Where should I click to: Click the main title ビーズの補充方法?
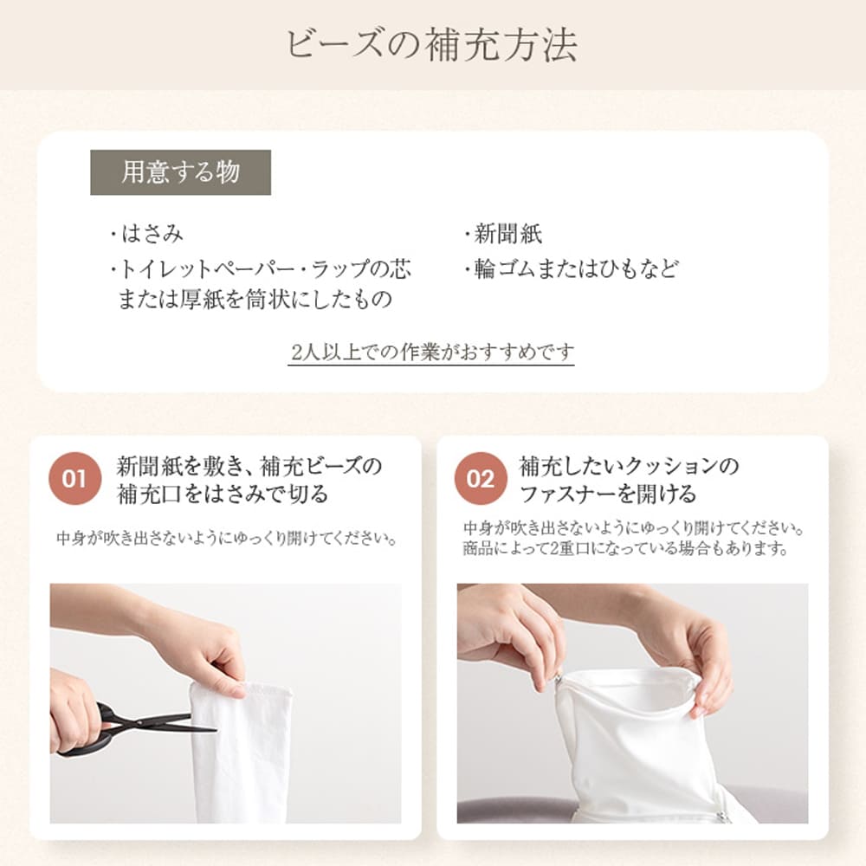(432, 44)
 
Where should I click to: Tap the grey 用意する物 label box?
(181, 172)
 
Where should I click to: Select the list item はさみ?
(147, 234)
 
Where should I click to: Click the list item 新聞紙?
(503, 234)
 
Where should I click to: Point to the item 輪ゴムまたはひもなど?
(571, 269)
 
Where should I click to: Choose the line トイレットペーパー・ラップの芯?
(260, 269)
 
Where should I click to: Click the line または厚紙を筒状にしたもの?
(255, 300)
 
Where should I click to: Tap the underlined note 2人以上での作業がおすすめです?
(431, 352)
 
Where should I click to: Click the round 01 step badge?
(75, 479)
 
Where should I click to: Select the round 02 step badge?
(481, 479)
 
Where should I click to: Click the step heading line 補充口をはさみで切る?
(223, 494)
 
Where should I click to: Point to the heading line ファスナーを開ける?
(608, 494)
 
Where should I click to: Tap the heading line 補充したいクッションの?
(629, 467)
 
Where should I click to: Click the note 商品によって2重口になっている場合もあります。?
(625, 548)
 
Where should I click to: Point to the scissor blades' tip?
(216, 731)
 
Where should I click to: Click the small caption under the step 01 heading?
(228, 538)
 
